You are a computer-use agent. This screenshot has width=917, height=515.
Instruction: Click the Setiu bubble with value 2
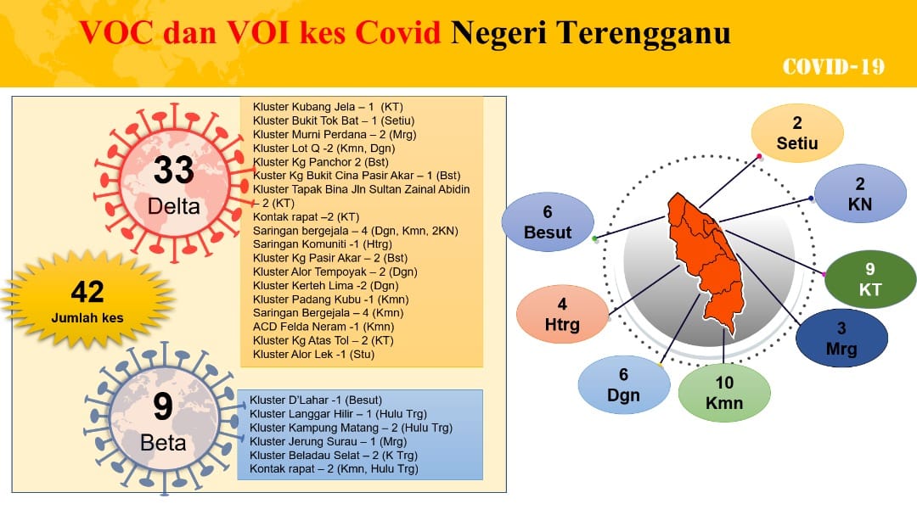797,133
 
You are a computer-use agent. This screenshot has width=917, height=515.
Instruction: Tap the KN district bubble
860,193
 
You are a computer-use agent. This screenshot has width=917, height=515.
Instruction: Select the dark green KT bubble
870,279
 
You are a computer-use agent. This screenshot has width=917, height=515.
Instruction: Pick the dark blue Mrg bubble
841,338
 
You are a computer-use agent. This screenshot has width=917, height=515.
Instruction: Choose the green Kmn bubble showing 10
724,393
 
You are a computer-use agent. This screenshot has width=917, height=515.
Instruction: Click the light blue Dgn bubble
624,385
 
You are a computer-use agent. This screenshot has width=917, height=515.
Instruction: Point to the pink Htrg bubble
562,314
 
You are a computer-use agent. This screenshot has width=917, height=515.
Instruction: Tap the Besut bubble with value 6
548,222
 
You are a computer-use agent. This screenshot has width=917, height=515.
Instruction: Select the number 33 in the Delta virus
174,170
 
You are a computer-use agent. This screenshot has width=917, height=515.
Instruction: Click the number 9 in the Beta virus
163,407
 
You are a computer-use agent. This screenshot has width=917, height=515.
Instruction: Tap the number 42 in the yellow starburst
87,292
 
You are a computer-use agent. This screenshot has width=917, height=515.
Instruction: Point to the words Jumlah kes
87,318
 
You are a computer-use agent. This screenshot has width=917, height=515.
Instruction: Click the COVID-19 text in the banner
834,67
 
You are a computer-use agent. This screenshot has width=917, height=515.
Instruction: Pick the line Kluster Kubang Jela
328,107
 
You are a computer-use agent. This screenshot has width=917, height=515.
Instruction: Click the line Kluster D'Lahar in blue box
316,400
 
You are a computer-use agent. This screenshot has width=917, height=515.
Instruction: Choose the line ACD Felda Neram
323,327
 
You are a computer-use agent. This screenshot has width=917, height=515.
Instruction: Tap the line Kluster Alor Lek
313,355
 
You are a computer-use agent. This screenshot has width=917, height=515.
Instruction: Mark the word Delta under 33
174,206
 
